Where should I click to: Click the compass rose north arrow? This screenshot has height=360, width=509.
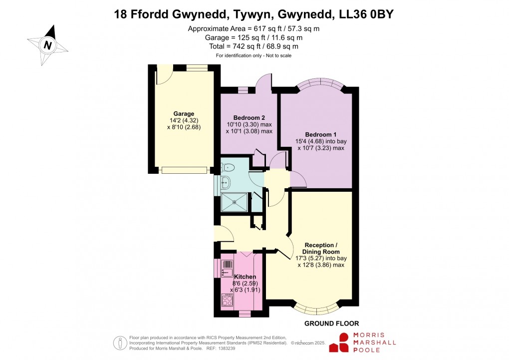click(48, 44)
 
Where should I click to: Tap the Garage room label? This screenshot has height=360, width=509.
click(184, 114)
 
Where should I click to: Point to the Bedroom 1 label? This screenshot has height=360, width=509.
click(318, 135)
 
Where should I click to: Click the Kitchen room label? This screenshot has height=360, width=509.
click(245, 277)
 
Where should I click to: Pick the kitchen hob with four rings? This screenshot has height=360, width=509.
click(227, 300)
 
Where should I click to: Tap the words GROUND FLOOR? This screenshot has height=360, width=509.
click(332, 324)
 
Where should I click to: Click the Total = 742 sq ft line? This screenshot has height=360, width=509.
click(254, 46)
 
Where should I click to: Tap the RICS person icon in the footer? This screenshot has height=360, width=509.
click(120, 343)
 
